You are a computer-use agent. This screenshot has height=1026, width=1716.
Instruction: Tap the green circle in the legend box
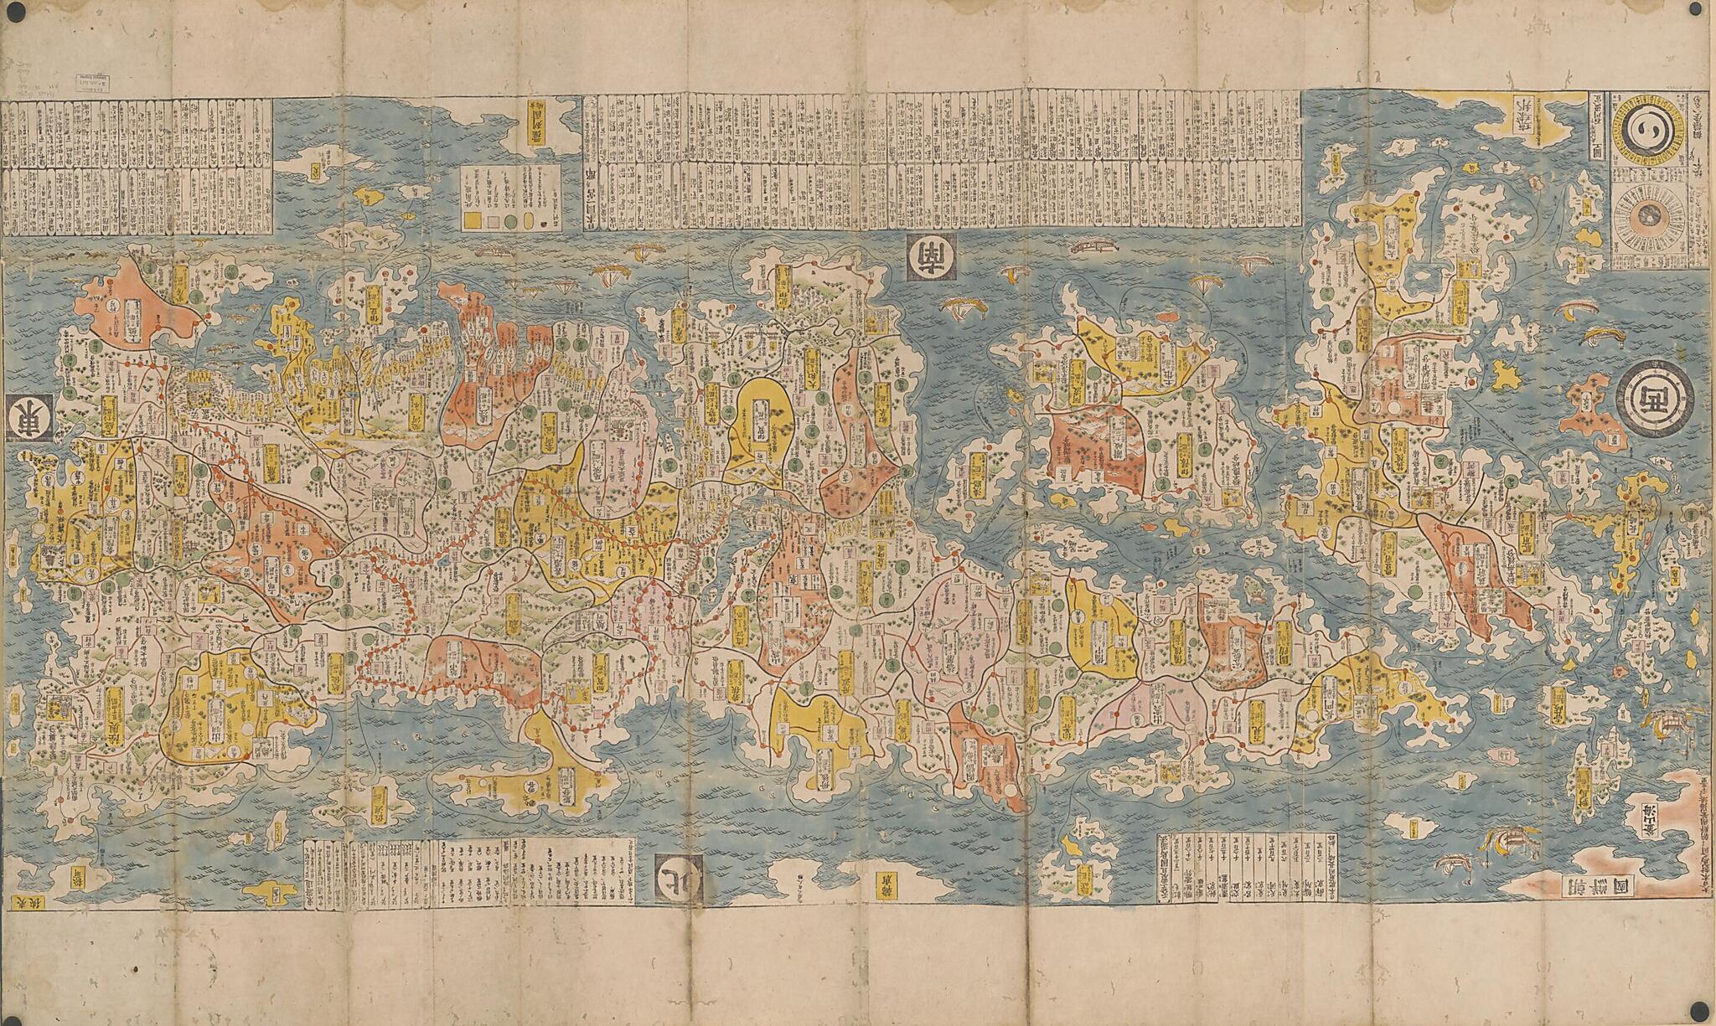point(532,219)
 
